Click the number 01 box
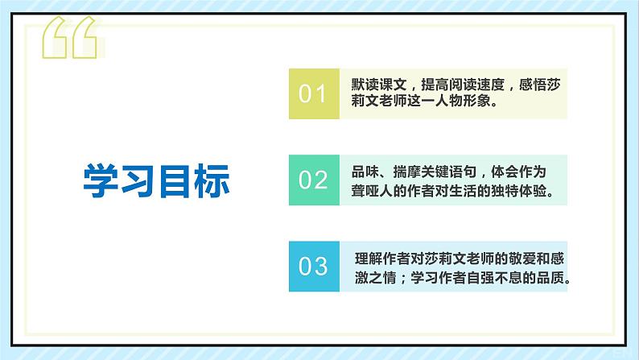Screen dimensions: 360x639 (314, 93)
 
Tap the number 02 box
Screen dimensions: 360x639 (314, 180)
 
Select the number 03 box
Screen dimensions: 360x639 (314, 265)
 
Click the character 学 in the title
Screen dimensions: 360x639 (101, 181)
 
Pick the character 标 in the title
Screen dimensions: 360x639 (212, 181)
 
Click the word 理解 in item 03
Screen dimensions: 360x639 (365, 259)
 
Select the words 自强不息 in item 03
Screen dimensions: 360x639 (486, 279)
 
